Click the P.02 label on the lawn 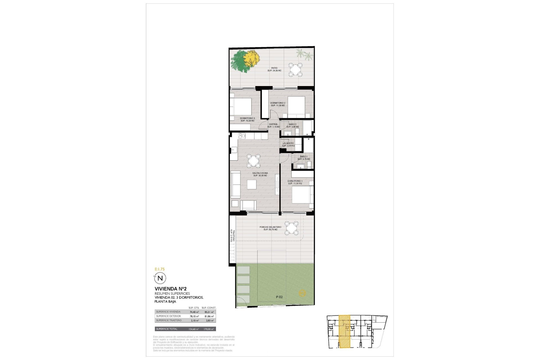279,297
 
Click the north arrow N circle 160,278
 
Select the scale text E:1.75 159,269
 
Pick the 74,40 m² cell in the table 194,312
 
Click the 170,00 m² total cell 208,329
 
